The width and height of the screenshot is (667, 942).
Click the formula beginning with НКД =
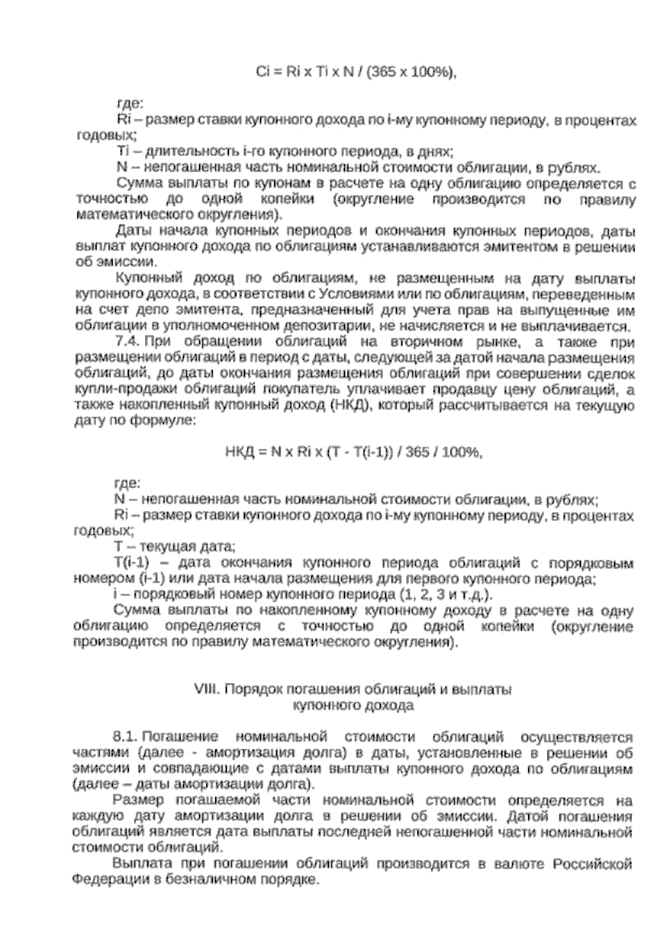pos(353,452)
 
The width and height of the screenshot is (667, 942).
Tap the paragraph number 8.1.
pos(125,737)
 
